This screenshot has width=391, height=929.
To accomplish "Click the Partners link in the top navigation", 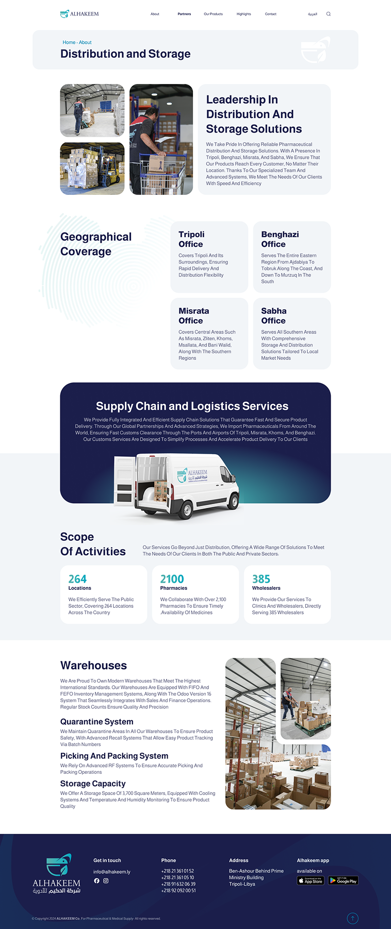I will [x=184, y=14].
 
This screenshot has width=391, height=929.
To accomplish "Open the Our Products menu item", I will [x=213, y=14].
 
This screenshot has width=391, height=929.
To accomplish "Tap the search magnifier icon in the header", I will [x=329, y=14].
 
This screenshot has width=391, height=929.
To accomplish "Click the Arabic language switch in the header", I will [x=313, y=14].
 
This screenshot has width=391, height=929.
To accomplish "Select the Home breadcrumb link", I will [x=69, y=42].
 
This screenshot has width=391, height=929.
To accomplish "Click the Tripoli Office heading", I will [x=191, y=239].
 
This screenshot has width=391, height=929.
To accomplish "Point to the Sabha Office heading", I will [x=273, y=316].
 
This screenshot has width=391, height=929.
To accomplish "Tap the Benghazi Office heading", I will [x=280, y=239].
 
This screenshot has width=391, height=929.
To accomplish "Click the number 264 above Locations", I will [x=77, y=579].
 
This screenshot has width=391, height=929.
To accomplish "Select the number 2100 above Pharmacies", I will [x=172, y=579].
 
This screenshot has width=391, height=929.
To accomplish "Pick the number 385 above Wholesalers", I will [x=261, y=579].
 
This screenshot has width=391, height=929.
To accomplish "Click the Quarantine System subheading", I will [x=96, y=722].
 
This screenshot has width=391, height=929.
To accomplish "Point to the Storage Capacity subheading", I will [x=93, y=784].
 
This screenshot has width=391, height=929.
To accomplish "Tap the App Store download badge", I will [x=311, y=881].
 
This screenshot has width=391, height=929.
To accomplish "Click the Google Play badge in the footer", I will [x=343, y=881].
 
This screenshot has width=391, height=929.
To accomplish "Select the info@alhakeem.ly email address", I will [x=111, y=872].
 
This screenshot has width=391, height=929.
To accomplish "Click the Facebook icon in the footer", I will [x=96, y=881].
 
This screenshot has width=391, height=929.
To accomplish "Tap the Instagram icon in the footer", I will [x=106, y=881].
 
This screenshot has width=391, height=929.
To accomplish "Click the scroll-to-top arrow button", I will [x=352, y=918].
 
